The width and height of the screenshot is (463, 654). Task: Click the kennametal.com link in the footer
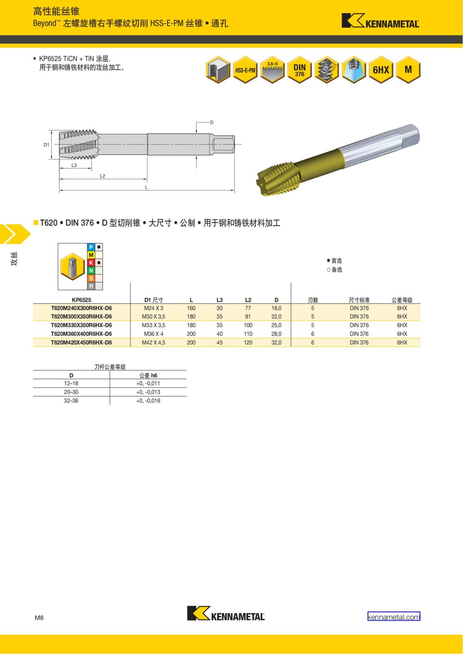tap(394, 617)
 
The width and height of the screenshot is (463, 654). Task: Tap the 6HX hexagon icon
tap(381, 70)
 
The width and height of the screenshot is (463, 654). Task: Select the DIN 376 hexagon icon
tap(300, 70)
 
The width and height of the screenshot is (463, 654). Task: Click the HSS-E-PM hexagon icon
tap(245, 70)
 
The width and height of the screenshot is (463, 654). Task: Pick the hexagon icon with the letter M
tap(408, 70)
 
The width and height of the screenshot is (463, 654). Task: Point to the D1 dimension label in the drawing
tap(46, 145)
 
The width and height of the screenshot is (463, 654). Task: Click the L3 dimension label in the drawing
tap(74, 165)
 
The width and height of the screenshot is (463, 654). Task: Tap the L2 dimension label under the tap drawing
tap(102, 176)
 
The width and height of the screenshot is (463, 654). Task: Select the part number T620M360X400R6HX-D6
tap(81, 334)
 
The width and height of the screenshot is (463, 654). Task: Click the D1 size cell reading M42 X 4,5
tap(154, 343)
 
